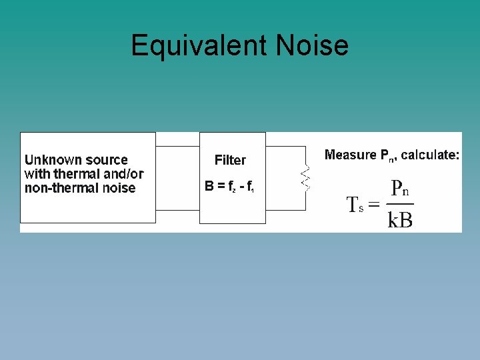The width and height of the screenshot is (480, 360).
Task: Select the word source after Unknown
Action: tap(105, 160)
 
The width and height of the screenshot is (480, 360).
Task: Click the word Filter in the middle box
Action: tap(230, 160)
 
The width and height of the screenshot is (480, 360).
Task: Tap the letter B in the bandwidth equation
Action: tap(209, 187)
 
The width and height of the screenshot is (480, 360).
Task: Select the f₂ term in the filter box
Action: tap(229, 187)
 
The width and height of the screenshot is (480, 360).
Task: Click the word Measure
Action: tap(350, 155)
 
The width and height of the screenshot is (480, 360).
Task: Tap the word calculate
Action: tap(430, 155)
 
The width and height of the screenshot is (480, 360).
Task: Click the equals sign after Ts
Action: tap(374, 205)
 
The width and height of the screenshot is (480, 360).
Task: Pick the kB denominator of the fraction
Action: tap(400, 219)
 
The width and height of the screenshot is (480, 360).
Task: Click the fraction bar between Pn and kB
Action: tap(400, 204)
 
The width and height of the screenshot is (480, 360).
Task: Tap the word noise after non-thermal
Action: tap(120, 188)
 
